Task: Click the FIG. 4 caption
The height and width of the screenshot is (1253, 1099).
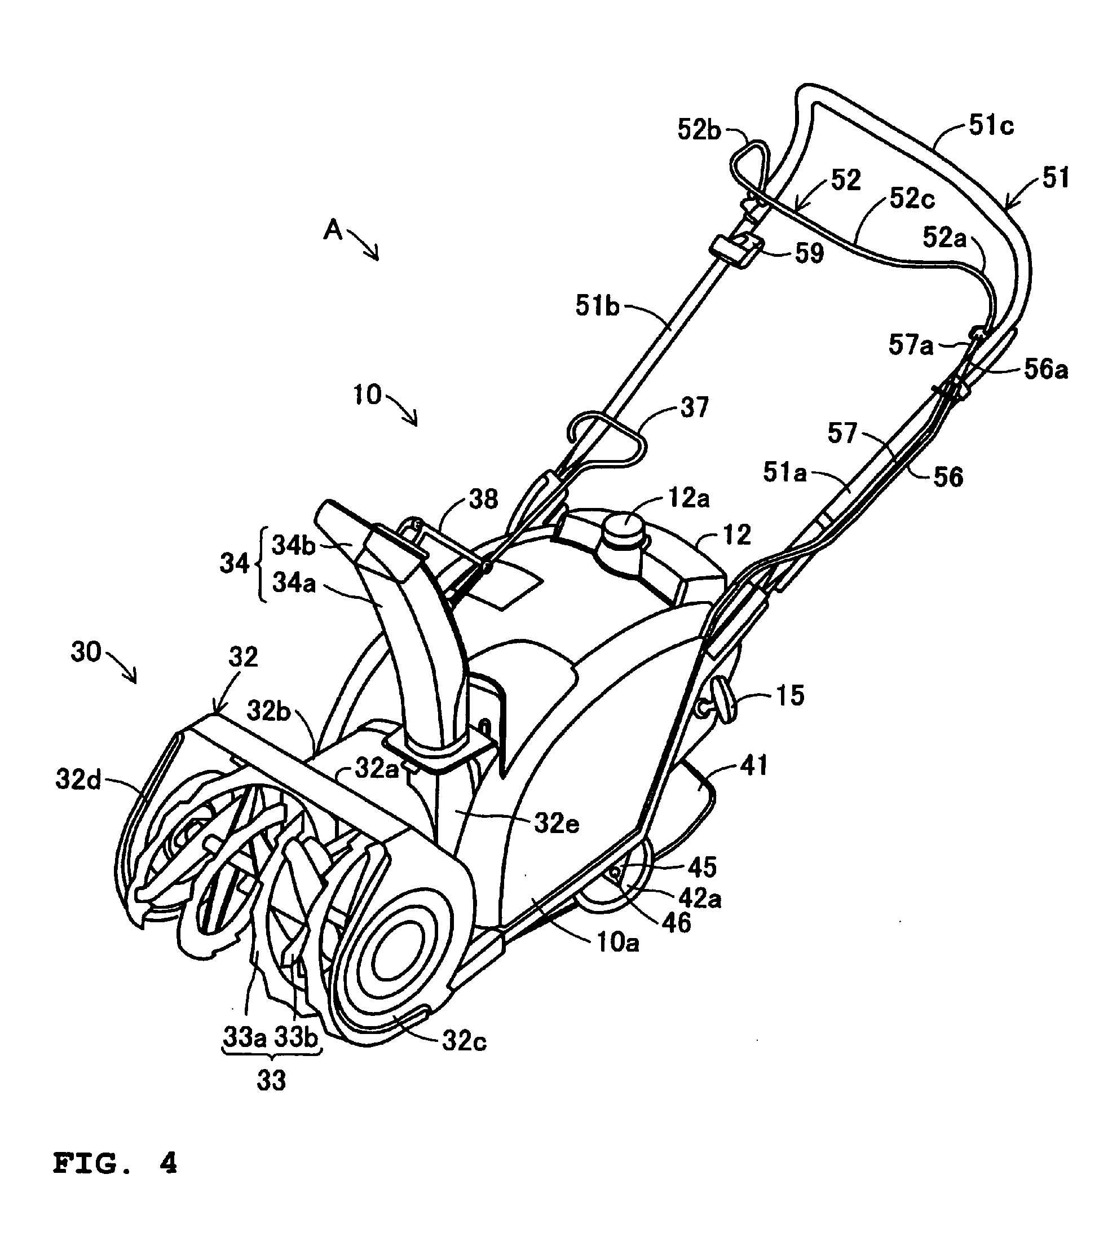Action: [114, 1163]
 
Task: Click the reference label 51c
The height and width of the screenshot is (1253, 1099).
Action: [991, 126]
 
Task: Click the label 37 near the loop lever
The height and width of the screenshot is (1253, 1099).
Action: [694, 407]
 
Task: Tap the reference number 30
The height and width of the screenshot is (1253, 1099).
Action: [86, 652]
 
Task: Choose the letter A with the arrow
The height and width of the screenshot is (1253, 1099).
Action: [333, 230]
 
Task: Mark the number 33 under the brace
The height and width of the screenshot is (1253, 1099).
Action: [271, 1081]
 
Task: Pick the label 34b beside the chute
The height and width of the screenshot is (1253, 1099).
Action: [293, 546]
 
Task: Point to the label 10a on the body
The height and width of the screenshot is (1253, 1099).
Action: [617, 943]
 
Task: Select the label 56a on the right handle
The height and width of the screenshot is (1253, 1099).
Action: [1045, 370]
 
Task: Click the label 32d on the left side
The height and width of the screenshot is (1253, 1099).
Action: [78, 780]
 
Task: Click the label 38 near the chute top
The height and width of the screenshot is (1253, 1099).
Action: [483, 499]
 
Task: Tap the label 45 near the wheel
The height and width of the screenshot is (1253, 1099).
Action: [701, 867]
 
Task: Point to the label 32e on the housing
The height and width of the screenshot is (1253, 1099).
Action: [556, 823]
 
